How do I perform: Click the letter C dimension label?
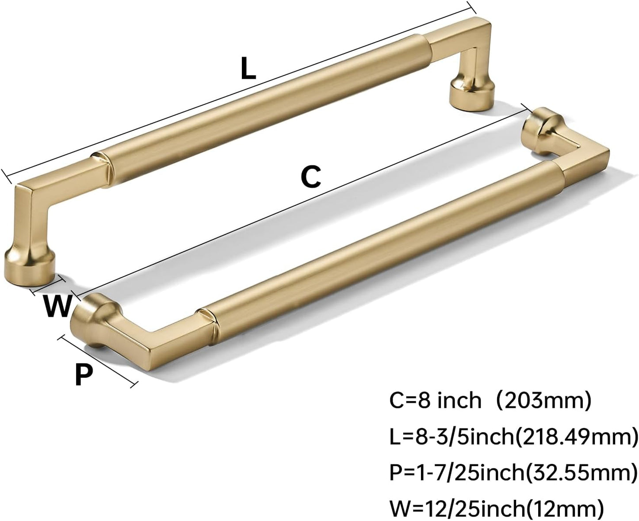[311, 177]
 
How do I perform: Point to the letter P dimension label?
[84, 375]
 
